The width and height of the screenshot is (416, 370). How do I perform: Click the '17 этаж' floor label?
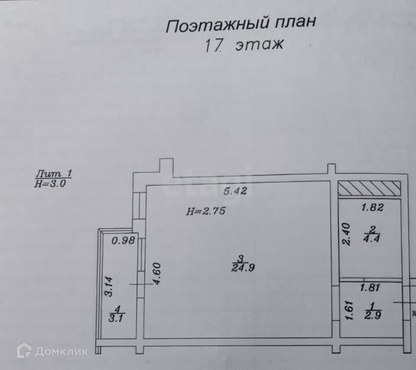pyautogui.click(x=244, y=45)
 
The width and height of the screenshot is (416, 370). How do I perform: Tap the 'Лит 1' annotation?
pyautogui.click(x=53, y=174)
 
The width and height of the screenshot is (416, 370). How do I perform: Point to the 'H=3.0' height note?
pyautogui.click(x=50, y=183)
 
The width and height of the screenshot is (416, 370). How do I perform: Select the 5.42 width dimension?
pyautogui.click(x=235, y=191)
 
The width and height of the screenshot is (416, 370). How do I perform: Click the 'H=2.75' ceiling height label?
pyautogui.click(x=206, y=211)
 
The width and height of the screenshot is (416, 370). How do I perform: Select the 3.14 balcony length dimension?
pyautogui.click(x=109, y=286)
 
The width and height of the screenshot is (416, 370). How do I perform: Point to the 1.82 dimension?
pyautogui.click(x=372, y=208)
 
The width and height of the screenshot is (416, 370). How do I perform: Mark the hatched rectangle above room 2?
pyautogui.click(x=369, y=188)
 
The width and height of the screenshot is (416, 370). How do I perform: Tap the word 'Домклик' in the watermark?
pyautogui.click(x=61, y=351)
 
